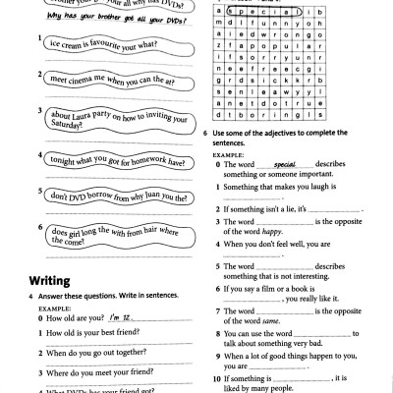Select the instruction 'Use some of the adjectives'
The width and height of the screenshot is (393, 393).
click(x=285, y=136)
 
